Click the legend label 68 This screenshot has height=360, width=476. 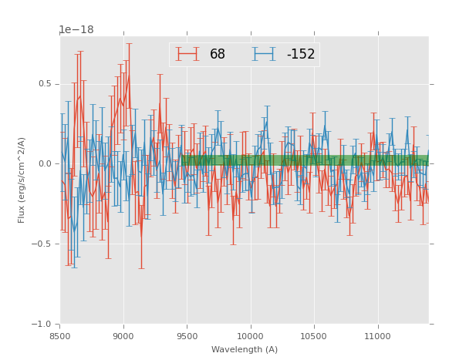[x=218, y=55]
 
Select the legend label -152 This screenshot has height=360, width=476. [x=300, y=55]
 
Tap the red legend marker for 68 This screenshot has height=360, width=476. [x=187, y=54]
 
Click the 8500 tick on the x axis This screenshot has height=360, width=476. [x=60, y=336]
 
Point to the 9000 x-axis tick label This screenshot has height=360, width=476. [x=123, y=336]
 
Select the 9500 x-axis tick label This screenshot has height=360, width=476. [x=187, y=336]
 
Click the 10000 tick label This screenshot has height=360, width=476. [x=250, y=336]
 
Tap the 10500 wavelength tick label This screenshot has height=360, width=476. [x=314, y=336]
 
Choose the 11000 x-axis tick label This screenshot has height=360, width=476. [x=377, y=336]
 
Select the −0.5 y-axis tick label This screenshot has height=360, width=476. [x=44, y=244]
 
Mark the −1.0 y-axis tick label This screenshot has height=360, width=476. [x=44, y=325]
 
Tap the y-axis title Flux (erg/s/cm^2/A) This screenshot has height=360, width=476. [x=22, y=180]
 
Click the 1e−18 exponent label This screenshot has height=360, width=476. [x=76, y=30]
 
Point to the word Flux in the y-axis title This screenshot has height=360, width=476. [x=22, y=215]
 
